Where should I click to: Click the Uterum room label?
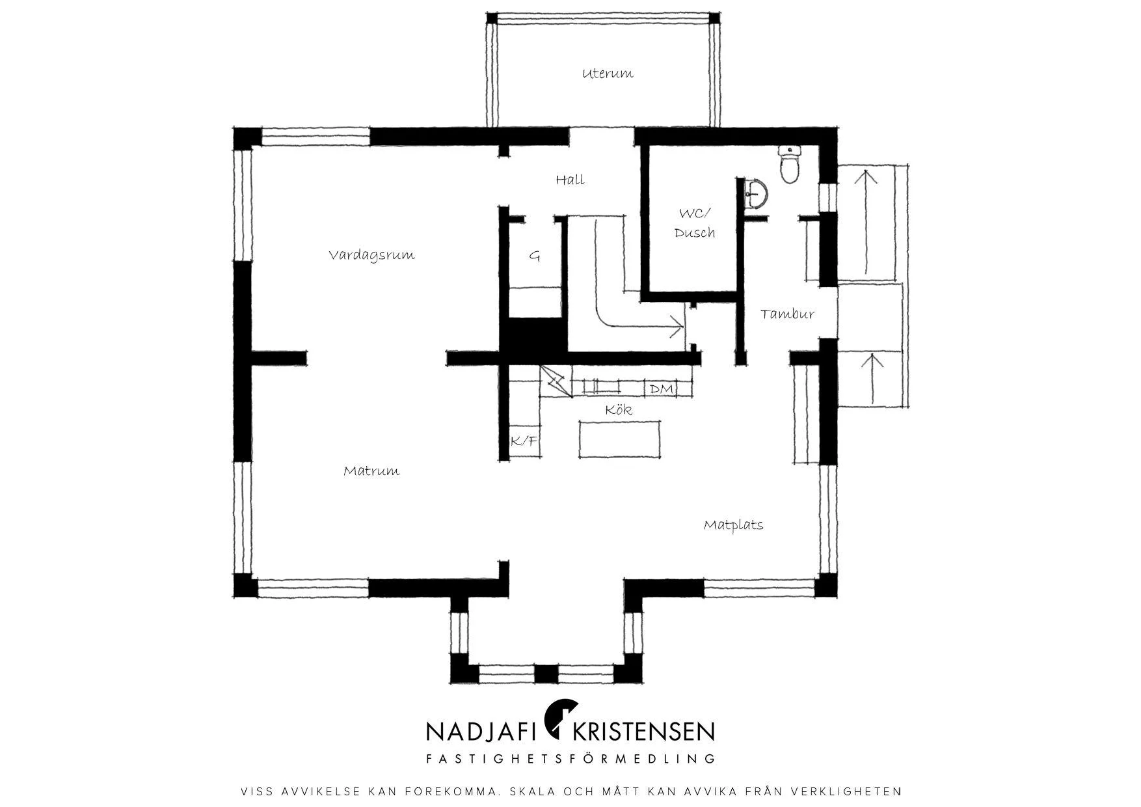click(x=608, y=73)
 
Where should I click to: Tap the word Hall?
click(x=570, y=180)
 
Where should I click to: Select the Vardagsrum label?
click(x=371, y=254)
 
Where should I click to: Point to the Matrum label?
click(x=371, y=471)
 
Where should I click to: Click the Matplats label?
click(x=733, y=525)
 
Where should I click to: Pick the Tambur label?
click(x=787, y=314)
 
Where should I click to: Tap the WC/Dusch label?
click(x=694, y=223)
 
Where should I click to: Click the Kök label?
click(x=618, y=409)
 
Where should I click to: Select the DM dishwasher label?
click(x=661, y=389)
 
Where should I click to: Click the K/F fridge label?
click(x=524, y=441)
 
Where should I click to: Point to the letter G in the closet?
click(x=534, y=256)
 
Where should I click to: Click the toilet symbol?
click(x=790, y=165)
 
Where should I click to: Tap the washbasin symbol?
click(x=756, y=193)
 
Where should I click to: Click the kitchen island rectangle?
click(x=620, y=439)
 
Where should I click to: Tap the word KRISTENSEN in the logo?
click(x=643, y=731)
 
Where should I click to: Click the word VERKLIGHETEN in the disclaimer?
click(x=846, y=792)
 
